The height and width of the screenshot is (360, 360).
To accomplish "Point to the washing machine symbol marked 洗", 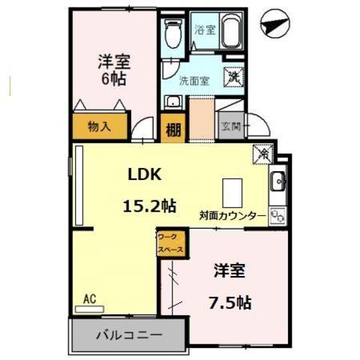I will (x=235, y=76).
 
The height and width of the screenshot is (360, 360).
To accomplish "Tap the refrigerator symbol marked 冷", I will (x=264, y=152).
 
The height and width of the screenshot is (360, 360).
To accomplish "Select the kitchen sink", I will (x=276, y=181).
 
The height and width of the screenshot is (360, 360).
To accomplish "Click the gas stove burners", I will (x=277, y=216).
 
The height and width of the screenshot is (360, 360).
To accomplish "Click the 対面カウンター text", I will (x=232, y=215).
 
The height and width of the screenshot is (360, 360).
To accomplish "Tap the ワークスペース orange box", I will (x=168, y=244).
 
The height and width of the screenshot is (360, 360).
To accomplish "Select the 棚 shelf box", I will (x=173, y=128).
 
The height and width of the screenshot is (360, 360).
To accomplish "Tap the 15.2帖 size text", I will (x=150, y=205).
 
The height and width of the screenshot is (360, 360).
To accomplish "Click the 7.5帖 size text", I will (x=229, y=303).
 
